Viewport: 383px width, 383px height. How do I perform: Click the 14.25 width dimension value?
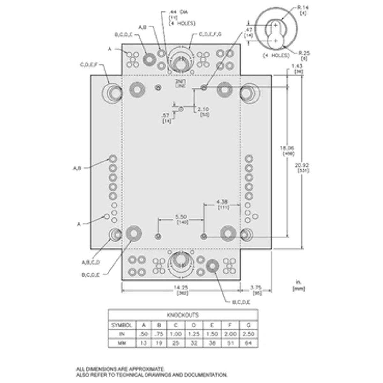(x=181, y=287)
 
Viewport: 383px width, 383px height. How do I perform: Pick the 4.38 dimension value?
(x=222, y=202)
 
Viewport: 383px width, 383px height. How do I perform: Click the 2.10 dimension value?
(x=203, y=109)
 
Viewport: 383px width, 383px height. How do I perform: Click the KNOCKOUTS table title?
(x=183, y=315)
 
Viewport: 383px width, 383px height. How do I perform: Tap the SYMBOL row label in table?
(x=121, y=325)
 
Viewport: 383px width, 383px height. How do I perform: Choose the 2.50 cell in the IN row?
(x=248, y=334)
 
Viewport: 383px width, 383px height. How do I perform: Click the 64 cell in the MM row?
(x=248, y=343)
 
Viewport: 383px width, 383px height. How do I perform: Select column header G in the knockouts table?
(x=248, y=325)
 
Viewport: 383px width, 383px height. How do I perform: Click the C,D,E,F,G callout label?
(x=210, y=34)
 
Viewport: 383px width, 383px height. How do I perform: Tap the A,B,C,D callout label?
(x=91, y=262)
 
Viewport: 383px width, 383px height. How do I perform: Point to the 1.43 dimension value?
(x=297, y=66)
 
